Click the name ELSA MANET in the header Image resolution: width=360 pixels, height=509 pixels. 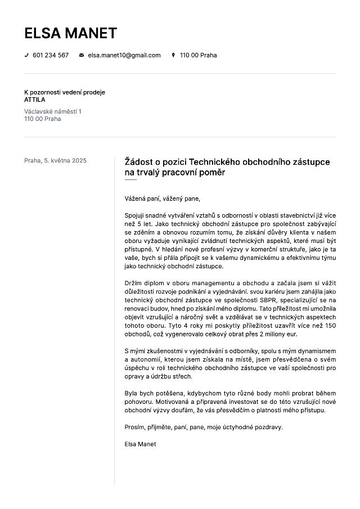click(70, 33)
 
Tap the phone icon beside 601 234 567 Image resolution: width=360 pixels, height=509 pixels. click(26, 55)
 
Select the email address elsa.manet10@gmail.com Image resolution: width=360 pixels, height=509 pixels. click(124, 55)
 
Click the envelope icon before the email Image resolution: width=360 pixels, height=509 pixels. click(82, 55)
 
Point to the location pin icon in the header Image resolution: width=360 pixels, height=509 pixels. click(173, 55)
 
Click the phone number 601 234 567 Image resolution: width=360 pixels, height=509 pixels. click(51, 55)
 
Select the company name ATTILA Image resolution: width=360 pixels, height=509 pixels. click(35, 100)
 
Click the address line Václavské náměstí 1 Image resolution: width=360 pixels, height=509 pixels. click(53, 111)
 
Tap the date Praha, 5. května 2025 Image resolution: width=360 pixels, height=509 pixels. click(55, 160)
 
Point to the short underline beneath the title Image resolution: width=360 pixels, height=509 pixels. click(130, 180)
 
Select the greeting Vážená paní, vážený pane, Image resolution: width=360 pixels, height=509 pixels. click(162, 198)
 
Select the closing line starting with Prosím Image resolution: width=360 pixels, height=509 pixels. click(203, 427)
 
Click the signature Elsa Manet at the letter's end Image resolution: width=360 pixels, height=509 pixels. click(140, 444)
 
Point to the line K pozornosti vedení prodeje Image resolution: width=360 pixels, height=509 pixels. click(65, 92)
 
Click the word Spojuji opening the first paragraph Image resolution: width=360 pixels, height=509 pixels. click(137, 215)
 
